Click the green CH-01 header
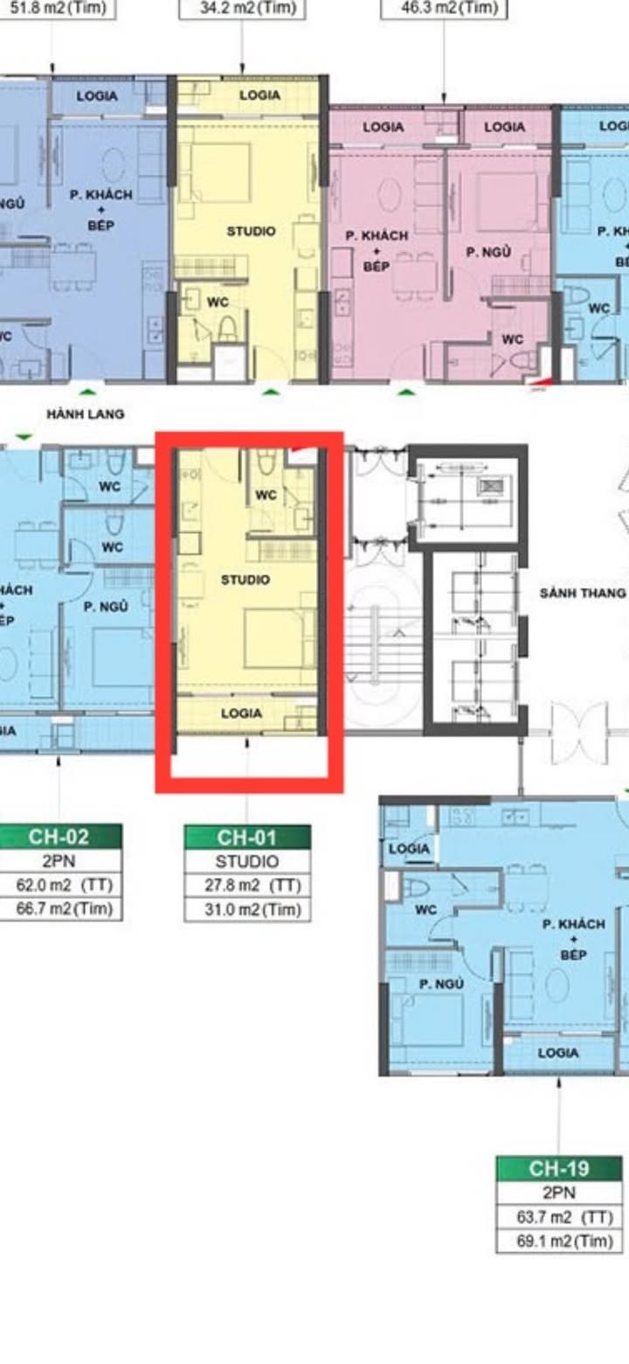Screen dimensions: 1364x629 point(247,838)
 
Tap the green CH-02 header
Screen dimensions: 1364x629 point(59,836)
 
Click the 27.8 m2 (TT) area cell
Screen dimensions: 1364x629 point(247,886)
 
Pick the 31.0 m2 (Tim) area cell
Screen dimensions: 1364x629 point(247,909)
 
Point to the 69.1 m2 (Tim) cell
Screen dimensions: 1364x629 point(558,1241)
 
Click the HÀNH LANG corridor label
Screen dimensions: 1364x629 point(86,414)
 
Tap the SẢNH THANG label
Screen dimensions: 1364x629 point(582,593)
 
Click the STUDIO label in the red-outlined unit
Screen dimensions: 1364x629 point(245,580)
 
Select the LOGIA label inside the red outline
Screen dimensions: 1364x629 point(241,713)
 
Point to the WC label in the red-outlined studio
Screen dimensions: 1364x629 point(266,495)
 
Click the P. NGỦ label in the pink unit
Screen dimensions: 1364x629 point(487,253)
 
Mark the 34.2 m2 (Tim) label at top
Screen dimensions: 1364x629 point(243,8)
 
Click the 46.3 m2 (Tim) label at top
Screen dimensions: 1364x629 point(444,8)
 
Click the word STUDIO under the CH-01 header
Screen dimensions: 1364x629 point(247,861)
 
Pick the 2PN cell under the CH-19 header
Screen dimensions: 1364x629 point(558,1193)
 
